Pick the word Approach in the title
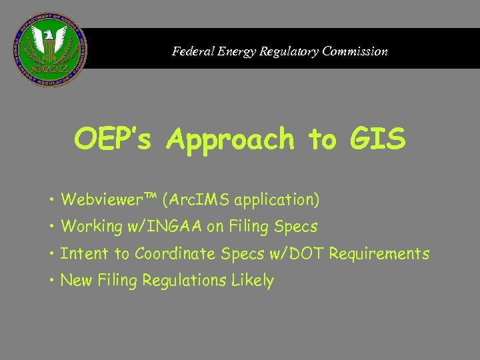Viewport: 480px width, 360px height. pyautogui.click(x=231, y=140)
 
